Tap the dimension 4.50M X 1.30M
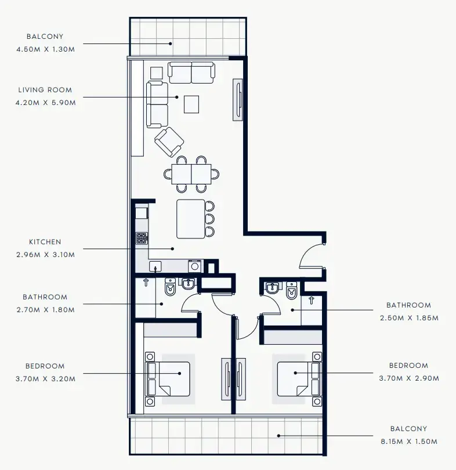point(46,49)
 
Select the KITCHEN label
point(45,242)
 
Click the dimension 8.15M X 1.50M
point(408,442)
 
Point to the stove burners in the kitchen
point(142,237)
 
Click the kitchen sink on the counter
point(155,266)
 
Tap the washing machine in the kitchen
point(194,266)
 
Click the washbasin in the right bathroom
point(272,288)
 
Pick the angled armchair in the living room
point(169,142)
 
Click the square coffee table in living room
point(191,104)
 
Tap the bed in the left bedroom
point(168,378)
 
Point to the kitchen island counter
point(191,219)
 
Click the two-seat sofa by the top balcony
point(191,73)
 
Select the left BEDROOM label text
point(45,366)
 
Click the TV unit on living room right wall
point(238,100)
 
